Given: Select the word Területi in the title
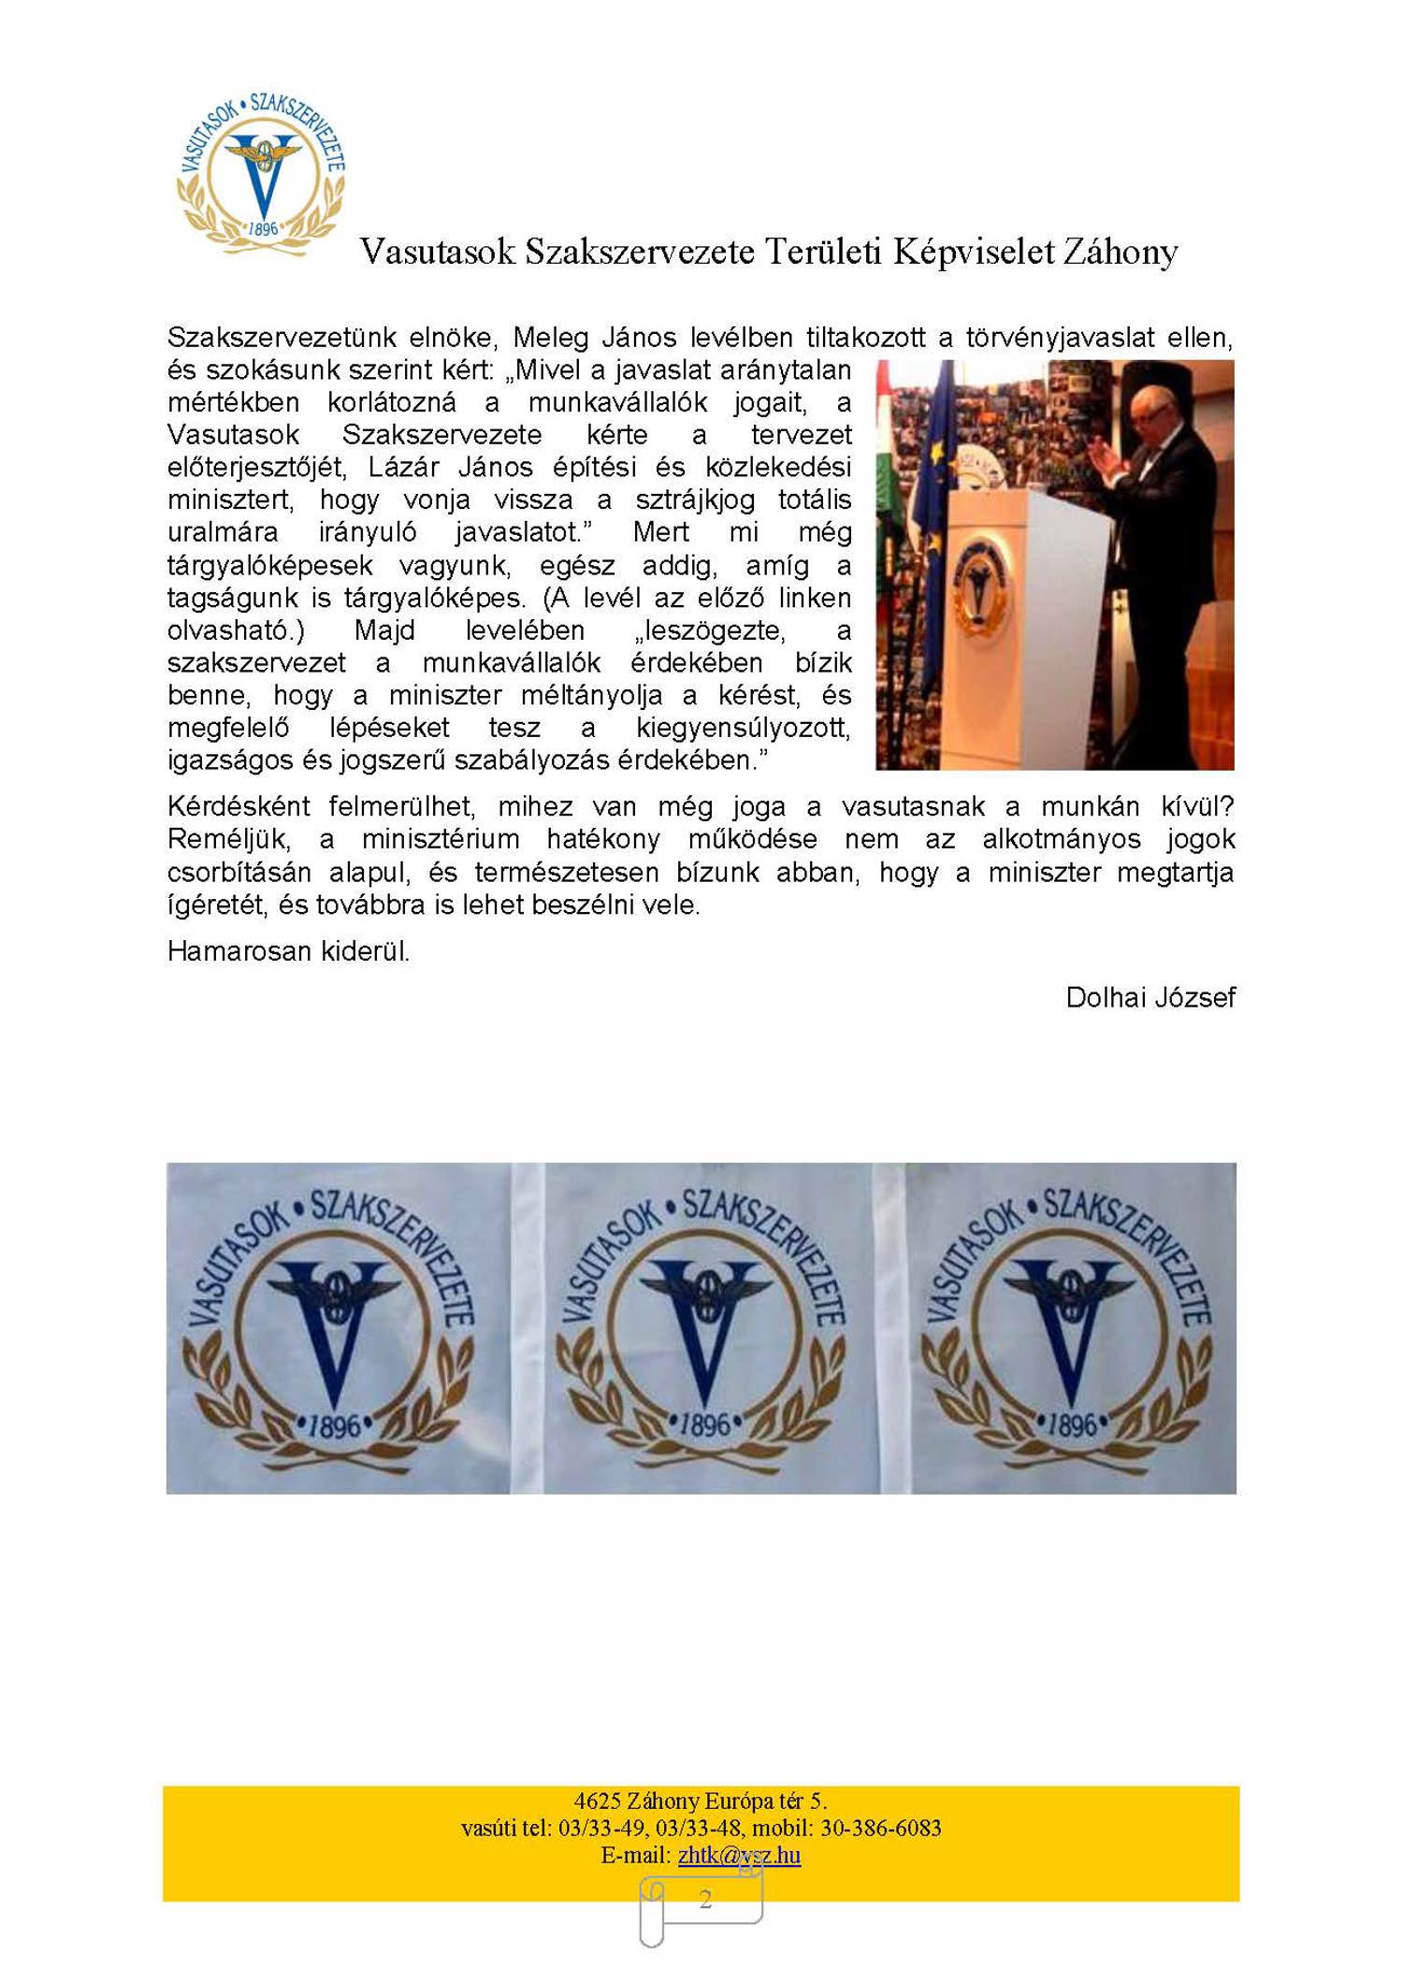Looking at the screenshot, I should pos(822,252).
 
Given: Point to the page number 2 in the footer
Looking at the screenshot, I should pos(705,1898).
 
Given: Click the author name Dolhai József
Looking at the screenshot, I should pos(1150,997).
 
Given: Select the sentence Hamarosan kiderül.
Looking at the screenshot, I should pos(288,951).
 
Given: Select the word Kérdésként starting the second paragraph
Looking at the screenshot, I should pos(239,806).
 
